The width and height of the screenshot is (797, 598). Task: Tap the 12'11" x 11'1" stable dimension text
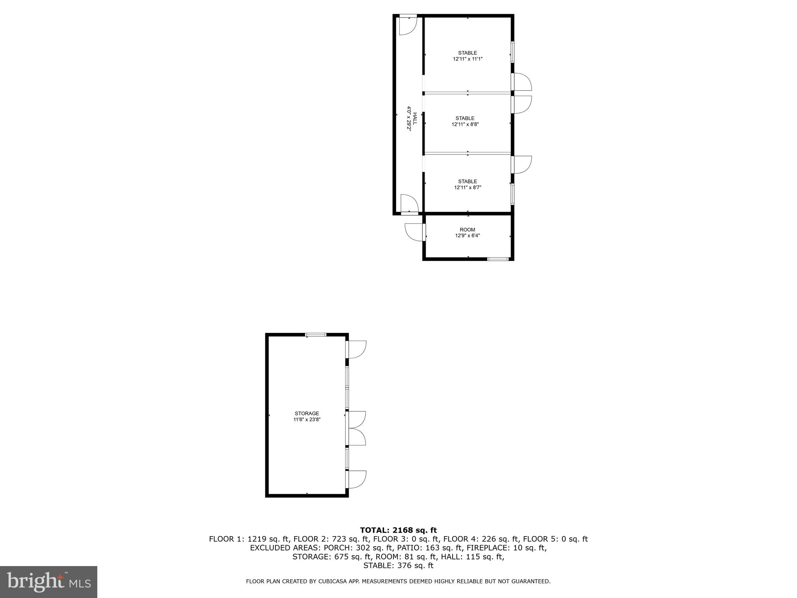(x=467, y=59)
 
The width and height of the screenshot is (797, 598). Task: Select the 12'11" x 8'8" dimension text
(x=465, y=125)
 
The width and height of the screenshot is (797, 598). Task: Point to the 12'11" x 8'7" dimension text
(x=467, y=188)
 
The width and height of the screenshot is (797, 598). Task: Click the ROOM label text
(x=467, y=230)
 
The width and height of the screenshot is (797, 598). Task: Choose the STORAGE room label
(x=307, y=413)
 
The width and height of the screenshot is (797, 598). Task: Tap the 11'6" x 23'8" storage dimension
(x=307, y=420)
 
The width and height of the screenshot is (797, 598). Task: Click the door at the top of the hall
(x=408, y=25)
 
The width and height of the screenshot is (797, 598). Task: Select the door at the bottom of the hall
(x=409, y=204)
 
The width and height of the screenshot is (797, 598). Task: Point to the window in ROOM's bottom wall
(x=498, y=259)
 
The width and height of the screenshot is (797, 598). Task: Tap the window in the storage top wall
(x=316, y=334)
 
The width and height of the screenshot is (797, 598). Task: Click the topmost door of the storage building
(x=356, y=349)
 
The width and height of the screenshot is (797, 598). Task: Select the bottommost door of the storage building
(x=356, y=479)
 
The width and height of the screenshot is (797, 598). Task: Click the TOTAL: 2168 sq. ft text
(x=398, y=530)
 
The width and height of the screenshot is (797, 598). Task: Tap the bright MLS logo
(x=49, y=582)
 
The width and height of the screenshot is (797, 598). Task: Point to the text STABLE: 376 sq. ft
(x=398, y=566)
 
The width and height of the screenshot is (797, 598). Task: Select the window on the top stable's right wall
(x=513, y=52)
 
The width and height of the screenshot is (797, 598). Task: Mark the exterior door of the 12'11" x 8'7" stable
(x=521, y=165)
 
